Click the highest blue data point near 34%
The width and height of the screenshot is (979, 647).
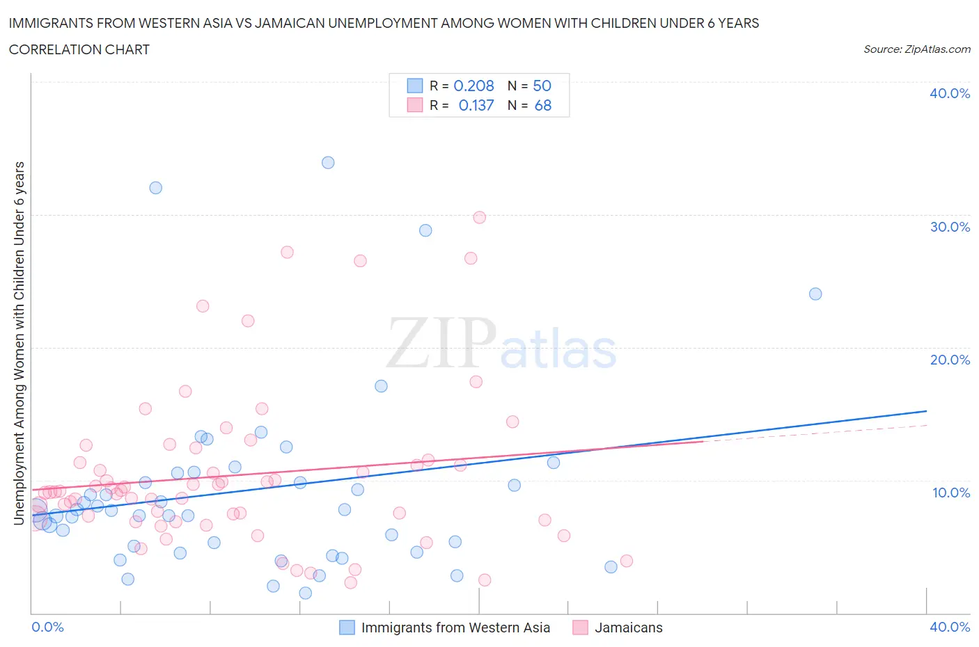point(328,163)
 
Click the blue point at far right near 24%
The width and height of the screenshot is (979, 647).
point(815,294)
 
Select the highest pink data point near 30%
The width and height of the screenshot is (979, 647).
point(479,218)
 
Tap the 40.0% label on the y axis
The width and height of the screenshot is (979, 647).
point(949,94)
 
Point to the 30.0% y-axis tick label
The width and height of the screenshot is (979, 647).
point(949,227)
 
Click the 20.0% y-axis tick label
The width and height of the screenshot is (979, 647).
point(949,360)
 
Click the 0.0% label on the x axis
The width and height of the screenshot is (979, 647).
point(47,628)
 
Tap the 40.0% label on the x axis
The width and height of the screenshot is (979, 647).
point(949,628)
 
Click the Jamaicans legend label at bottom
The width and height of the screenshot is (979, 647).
point(628,628)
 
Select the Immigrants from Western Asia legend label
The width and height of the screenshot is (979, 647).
point(455,628)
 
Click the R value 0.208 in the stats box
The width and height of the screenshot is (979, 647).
point(473,86)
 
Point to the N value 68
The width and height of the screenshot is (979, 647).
point(542,106)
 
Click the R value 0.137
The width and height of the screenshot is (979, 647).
point(476,106)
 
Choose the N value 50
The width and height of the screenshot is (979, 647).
point(542,86)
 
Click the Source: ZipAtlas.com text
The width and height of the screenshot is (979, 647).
point(916,49)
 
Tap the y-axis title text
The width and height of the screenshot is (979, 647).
point(19,343)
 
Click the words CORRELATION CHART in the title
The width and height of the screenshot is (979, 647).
point(79,50)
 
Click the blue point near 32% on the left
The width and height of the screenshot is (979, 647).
point(155,188)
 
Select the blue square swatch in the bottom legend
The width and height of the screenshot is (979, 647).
point(347,628)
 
